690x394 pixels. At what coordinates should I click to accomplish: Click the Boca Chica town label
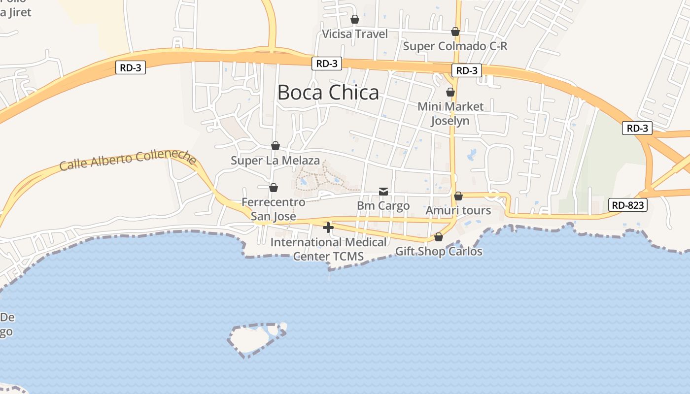pyautogui.click(x=328, y=93)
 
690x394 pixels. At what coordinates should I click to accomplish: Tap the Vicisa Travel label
pyautogui.click(x=355, y=34)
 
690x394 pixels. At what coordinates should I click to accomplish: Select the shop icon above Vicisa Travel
pyautogui.click(x=355, y=19)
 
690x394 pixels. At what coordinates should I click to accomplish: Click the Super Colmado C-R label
pyautogui.click(x=455, y=46)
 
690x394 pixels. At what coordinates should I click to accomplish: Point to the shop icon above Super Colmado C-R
pyautogui.click(x=455, y=32)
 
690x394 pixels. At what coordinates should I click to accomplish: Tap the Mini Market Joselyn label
pyautogui.click(x=450, y=114)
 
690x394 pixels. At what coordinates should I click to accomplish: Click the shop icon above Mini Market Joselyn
pyautogui.click(x=450, y=92)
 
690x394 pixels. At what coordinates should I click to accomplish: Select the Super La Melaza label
pyautogui.click(x=276, y=161)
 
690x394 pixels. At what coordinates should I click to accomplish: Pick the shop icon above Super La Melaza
pyautogui.click(x=276, y=146)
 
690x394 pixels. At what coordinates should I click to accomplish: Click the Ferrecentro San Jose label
pyautogui.click(x=274, y=209)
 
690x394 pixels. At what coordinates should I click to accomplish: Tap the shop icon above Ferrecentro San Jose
pyautogui.click(x=274, y=188)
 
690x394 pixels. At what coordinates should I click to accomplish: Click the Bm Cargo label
pyautogui.click(x=383, y=206)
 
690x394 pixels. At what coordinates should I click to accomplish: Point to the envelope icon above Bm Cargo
pyautogui.click(x=383, y=191)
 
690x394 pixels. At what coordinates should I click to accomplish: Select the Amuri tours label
pyautogui.click(x=458, y=211)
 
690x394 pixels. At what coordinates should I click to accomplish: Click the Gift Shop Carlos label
pyautogui.click(x=439, y=252)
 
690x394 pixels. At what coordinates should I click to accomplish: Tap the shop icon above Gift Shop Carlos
pyautogui.click(x=439, y=237)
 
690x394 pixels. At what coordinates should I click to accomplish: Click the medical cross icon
pyautogui.click(x=328, y=227)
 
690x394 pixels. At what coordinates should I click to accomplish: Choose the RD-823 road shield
pyautogui.click(x=627, y=205)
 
